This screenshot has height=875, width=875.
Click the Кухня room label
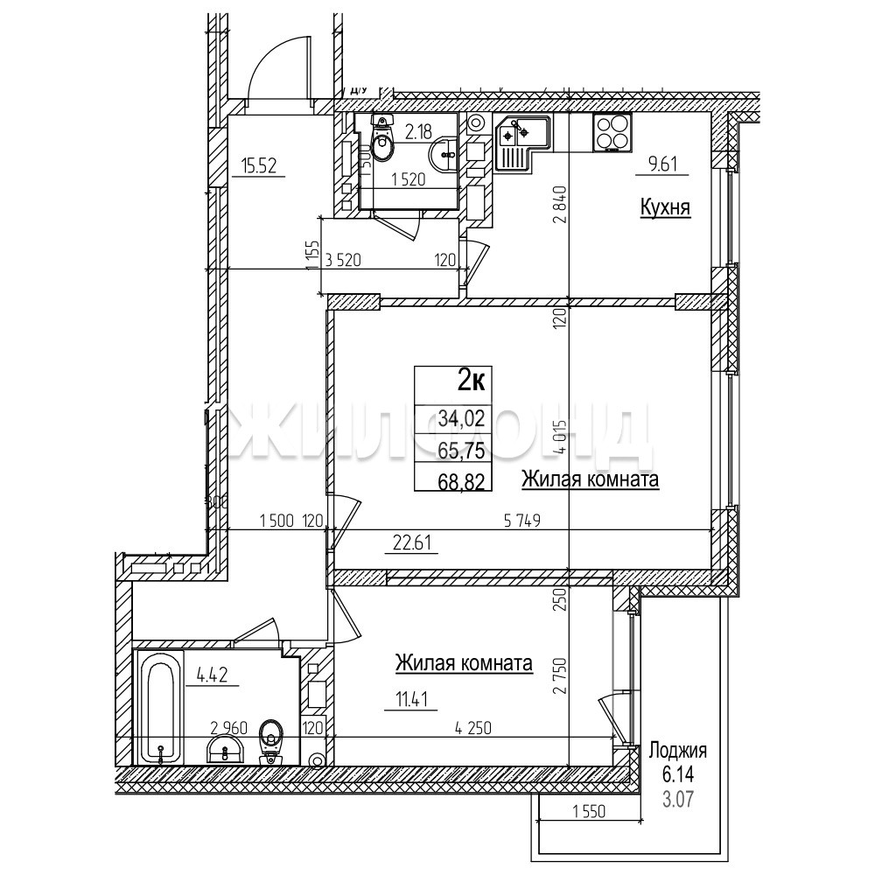[666, 208]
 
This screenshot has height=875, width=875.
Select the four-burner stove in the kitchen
[612, 132]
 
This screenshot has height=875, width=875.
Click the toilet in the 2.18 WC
[381, 143]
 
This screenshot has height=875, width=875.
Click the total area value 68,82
[461, 479]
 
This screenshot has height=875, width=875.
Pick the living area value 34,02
[461, 420]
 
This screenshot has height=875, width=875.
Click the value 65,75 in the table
[461, 450]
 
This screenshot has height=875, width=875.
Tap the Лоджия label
[677, 750]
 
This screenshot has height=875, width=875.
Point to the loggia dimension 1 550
[591, 812]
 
